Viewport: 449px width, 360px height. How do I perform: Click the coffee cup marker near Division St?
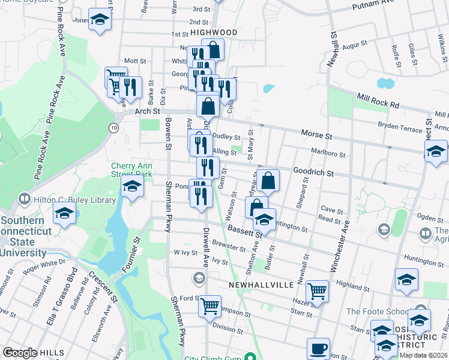tap(318, 348)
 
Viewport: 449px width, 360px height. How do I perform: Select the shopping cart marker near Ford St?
tap(209, 306)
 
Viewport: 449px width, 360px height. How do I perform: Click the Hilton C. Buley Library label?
tap(62, 197)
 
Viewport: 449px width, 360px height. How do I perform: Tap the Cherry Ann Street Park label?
tap(131, 170)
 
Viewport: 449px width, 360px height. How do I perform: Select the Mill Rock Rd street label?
tap(378, 100)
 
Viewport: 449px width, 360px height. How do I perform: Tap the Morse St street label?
tap(316, 136)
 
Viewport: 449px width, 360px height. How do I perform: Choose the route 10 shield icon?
tap(113, 128)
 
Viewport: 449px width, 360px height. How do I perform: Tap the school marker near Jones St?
tap(100, 19)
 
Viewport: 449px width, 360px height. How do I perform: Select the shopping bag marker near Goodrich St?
tap(269, 180)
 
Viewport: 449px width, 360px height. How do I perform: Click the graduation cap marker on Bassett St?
tap(264, 220)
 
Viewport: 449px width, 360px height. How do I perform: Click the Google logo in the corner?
tap(20, 353)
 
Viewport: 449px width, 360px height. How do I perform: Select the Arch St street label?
tap(148, 111)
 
